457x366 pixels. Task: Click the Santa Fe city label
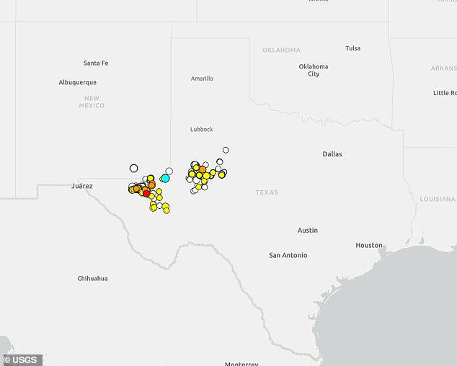(x=96, y=63)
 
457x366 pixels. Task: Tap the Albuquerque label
(x=77, y=82)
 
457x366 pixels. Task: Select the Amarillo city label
(x=202, y=79)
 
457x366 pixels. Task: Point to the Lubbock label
(x=202, y=129)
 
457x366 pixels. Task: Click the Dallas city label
(x=332, y=154)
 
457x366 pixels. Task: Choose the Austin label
(x=308, y=230)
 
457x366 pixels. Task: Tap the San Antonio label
(x=288, y=255)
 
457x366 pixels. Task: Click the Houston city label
(x=369, y=245)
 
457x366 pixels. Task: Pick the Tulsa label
(x=352, y=48)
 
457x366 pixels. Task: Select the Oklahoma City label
(x=314, y=70)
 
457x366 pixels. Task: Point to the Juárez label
(x=82, y=185)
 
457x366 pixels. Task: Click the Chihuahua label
(x=92, y=278)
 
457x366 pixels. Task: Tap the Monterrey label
(x=241, y=363)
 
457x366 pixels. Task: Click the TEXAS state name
(x=267, y=192)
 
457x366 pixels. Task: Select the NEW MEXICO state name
(x=92, y=102)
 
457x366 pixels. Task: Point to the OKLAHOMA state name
(x=281, y=50)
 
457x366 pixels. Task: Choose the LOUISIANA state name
(x=438, y=198)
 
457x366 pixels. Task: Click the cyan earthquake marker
(x=165, y=178)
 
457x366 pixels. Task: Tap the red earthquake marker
(x=146, y=192)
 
